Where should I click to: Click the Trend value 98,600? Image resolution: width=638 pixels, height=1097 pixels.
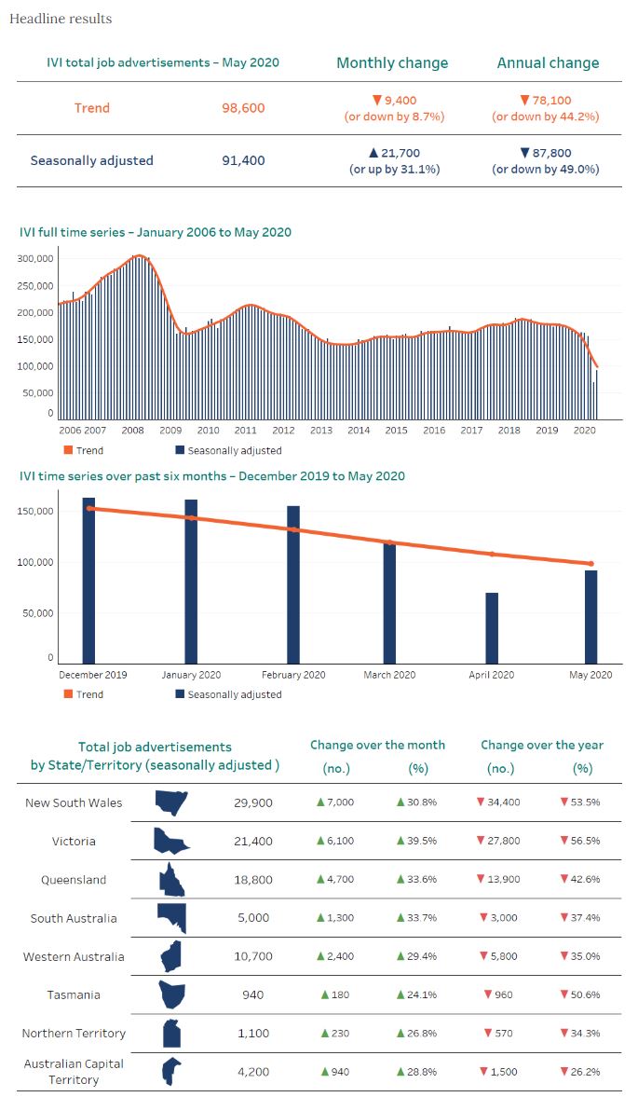243,108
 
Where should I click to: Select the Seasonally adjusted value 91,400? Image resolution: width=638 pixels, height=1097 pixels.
243,160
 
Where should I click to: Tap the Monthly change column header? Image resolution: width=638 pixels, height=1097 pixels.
392,63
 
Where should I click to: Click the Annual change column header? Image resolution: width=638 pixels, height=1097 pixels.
548,63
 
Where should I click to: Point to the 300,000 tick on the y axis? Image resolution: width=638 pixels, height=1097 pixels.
36,258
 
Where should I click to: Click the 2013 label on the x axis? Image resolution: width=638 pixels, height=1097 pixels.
321,431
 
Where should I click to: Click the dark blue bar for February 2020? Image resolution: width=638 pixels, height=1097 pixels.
293,584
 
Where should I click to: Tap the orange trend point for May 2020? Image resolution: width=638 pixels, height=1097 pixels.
590,563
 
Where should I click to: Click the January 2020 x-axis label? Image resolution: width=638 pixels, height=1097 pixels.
191,675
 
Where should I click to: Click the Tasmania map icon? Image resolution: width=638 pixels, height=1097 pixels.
171,994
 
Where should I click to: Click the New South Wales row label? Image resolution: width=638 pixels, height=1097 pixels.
74,802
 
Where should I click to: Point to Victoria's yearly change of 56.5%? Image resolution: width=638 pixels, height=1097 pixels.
580,841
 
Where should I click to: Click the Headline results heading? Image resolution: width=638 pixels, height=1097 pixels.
61,19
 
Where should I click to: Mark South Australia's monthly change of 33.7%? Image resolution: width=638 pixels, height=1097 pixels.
416,918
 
